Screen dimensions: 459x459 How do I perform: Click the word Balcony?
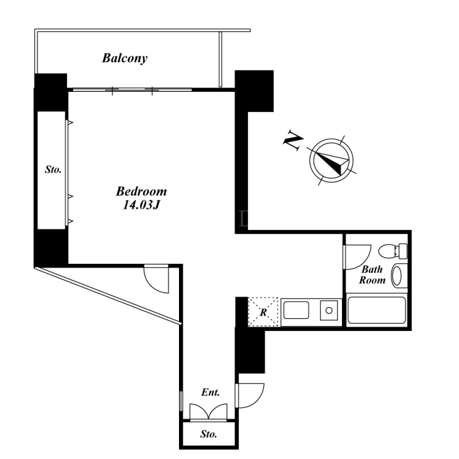click(125, 59)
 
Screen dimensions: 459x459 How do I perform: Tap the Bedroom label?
click(141, 192)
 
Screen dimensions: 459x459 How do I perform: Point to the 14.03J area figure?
click(141, 205)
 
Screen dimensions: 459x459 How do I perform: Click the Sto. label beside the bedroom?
click(53, 169)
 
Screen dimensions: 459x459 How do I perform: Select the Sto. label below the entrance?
click(208, 434)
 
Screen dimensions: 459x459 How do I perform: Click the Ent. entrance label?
click(210, 392)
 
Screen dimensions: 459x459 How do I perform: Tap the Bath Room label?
click(372, 275)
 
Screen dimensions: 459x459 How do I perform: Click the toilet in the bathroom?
click(393, 251)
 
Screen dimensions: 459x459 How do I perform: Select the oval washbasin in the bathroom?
click(396, 275)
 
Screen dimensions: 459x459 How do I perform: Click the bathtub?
click(377, 310)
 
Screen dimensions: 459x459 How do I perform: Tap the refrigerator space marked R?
click(263, 312)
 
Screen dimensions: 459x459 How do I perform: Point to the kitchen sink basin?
click(296, 310)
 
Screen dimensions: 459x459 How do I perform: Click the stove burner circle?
click(329, 310)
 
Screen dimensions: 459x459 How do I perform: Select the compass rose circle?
click(331, 160)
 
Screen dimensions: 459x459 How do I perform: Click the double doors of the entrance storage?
click(208, 411)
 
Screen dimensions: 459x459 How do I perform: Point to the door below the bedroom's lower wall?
click(156, 279)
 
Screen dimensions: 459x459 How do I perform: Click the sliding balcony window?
click(133, 90)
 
